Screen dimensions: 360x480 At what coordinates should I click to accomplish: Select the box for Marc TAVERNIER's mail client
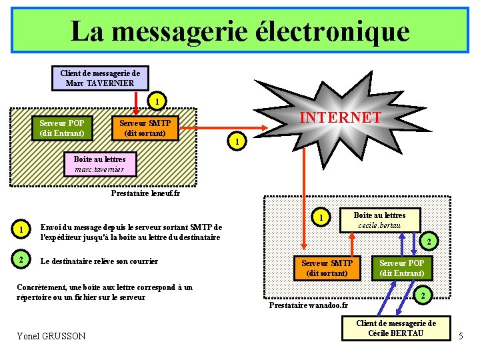(100, 78)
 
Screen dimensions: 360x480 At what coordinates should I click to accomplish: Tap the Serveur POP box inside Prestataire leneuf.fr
(61, 128)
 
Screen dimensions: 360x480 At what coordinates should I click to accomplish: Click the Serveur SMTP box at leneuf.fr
(145, 128)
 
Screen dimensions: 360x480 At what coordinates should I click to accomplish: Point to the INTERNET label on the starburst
(340, 118)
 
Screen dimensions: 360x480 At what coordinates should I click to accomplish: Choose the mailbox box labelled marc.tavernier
(99, 165)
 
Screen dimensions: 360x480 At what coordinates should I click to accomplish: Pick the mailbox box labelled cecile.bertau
(379, 220)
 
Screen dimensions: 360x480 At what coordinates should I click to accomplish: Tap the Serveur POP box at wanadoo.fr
(402, 268)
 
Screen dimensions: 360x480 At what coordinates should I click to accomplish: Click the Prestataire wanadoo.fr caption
(308, 305)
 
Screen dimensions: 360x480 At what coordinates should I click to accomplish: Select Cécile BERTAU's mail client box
(396, 328)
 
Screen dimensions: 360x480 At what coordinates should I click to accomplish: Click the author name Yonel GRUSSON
(51, 336)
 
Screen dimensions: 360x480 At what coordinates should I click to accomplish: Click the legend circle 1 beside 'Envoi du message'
(22, 230)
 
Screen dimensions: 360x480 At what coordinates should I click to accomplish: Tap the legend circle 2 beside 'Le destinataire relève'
(22, 261)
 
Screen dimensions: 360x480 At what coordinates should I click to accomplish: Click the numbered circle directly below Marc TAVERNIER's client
(155, 102)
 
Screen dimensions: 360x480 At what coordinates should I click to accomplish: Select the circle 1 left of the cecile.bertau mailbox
(321, 217)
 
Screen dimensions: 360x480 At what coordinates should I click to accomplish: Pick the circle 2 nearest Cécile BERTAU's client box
(421, 295)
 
